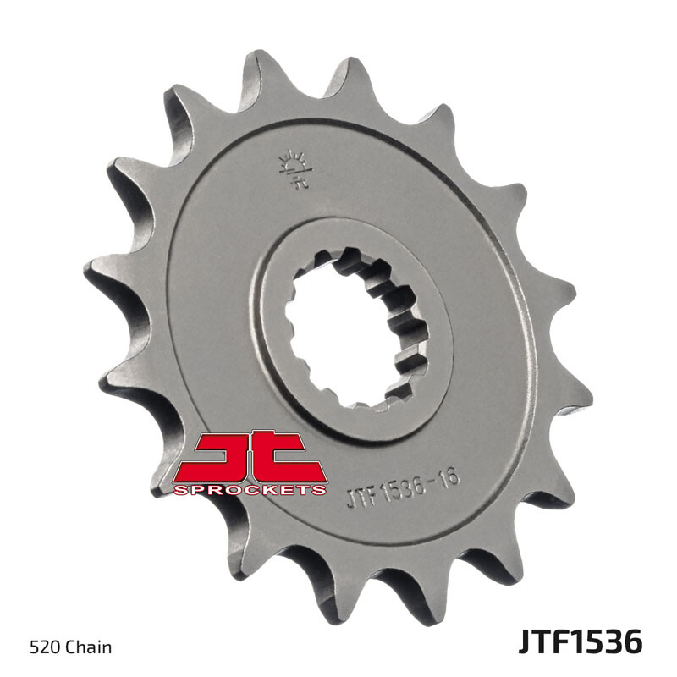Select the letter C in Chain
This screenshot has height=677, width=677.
point(71,648)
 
